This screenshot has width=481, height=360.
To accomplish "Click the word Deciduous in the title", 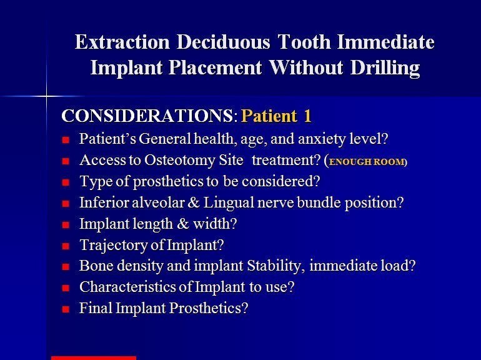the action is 224,42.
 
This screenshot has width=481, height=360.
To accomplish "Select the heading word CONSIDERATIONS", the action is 147,116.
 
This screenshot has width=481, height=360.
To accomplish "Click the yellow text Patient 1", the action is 276,116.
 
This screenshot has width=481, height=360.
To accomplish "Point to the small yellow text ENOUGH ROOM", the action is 367,162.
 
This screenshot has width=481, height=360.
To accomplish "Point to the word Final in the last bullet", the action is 96,308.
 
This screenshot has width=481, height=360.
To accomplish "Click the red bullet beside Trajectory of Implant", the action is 66,246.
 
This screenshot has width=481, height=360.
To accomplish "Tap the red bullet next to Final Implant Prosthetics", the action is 66,309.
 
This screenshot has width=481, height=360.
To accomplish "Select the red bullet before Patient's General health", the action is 66,140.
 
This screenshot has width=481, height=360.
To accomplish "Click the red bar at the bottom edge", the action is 94,358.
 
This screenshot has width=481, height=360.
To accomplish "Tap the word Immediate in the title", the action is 385,42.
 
